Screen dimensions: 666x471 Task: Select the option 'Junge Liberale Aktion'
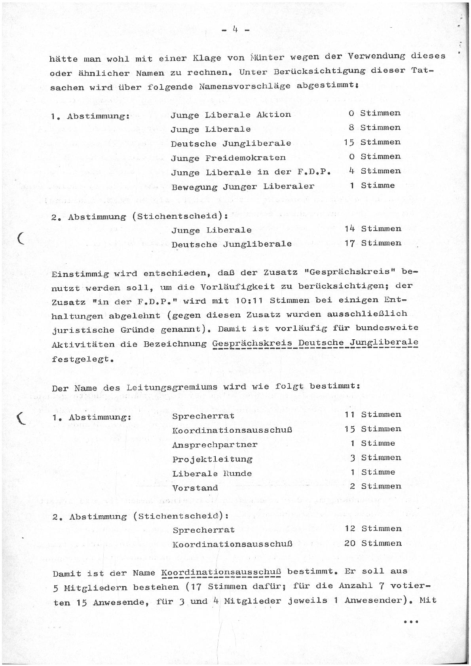231,115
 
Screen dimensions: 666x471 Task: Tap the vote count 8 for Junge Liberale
351,128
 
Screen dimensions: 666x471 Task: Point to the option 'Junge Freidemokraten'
228,158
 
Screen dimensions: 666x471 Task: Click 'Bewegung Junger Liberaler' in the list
243,186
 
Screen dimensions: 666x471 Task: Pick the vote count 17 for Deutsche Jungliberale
349,243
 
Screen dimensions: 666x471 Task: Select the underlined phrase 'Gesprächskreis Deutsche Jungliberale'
315,343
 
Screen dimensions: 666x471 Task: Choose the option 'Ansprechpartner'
215,445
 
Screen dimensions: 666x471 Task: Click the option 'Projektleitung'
212,459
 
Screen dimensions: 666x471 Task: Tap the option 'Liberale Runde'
212,473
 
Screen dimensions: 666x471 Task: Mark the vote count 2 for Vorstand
352,486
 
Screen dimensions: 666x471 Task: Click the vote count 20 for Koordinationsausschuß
350,543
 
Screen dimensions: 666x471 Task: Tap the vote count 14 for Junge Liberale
349,229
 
